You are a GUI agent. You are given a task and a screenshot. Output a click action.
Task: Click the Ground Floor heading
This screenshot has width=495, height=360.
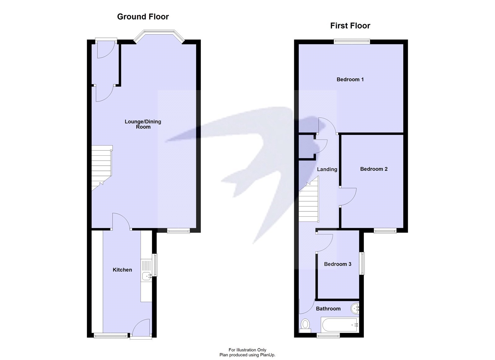click(143, 17)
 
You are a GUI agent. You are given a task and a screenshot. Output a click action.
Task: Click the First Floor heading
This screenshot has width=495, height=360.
click(350, 26)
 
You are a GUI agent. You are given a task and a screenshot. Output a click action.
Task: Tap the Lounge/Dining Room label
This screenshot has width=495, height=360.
click(143, 124)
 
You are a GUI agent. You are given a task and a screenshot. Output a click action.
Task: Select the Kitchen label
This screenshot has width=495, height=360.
click(122, 270)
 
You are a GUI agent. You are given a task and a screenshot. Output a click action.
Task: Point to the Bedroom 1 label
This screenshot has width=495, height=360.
click(350, 80)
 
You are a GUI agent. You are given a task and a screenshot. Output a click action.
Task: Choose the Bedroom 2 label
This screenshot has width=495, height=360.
click(374, 169)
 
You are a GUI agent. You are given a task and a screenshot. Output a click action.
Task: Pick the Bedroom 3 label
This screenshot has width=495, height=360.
click(338, 264)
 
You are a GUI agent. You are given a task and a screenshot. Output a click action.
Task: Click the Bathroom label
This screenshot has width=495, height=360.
click(328, 309)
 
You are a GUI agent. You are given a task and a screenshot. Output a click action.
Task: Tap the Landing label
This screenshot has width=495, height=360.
click(327, 169)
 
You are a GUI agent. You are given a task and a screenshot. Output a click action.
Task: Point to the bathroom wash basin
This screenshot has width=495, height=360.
click(355, 308)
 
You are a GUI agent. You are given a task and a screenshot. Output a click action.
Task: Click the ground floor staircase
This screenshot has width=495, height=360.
click(101, 167)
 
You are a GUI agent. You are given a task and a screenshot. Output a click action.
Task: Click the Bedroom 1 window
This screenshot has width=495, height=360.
click(352, 40)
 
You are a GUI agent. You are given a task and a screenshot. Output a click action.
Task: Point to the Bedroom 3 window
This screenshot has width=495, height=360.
click(362, 263)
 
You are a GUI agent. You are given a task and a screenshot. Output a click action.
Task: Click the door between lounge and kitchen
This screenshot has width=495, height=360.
click(121, 222)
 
